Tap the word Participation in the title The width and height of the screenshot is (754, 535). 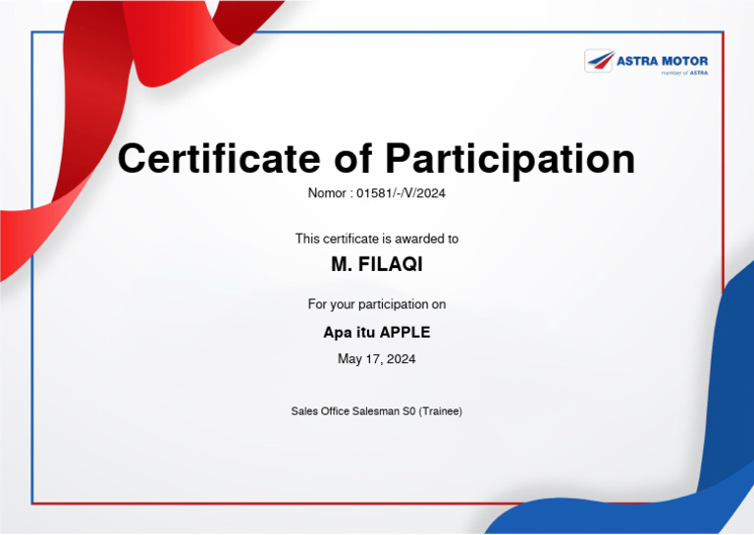tap(510, 158)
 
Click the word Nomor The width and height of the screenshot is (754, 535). tap(327, 193)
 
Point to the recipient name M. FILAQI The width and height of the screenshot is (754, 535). tap(377, 265)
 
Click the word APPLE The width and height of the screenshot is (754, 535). tap(404, 332)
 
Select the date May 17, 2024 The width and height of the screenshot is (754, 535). tap(377, 359)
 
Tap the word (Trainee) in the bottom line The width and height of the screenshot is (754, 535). tap(440, 411)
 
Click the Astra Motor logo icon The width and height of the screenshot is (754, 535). tap(600, 61)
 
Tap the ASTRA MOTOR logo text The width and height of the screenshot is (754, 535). tap(662, 61)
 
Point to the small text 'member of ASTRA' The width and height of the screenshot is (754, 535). tap(684, 73)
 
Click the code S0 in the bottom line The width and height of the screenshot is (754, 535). tap(409, 411)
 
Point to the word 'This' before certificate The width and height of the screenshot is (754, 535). tap(307, 239)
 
